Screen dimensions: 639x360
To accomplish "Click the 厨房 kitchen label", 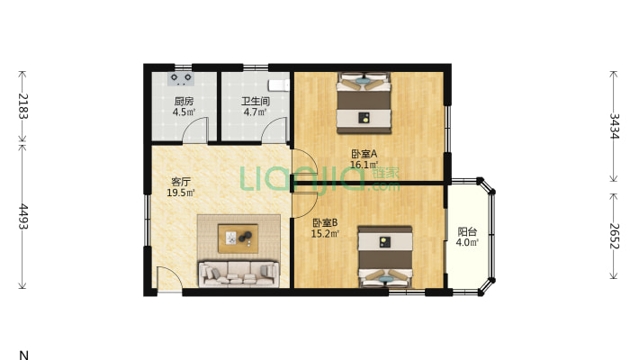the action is point(184,101).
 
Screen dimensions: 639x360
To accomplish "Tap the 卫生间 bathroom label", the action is point(255,101).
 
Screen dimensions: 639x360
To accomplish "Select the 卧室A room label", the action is point(364,154).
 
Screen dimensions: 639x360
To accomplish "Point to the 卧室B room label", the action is point(325,223).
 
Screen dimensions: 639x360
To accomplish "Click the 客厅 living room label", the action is point(181,182).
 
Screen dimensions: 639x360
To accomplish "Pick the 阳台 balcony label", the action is point(467,232).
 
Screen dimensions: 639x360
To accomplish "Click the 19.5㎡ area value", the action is point(181,193).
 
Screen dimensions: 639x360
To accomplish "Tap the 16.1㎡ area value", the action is point(364,165).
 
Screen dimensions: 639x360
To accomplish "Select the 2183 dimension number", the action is point(22,106).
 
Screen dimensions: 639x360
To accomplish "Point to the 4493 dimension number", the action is point(22,217).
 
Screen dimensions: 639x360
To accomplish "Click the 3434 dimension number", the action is point(614,126).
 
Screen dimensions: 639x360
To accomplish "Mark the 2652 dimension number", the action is point(614,236).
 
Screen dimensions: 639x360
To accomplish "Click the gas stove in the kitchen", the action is point(181,78).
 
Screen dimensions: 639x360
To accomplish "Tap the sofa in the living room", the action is point(238,274).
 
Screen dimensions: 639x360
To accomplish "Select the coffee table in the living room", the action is point(238,238).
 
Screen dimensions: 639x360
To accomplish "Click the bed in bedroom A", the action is point(364,103).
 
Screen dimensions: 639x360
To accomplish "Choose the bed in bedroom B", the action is point(385,256).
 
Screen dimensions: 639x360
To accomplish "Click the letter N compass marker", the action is point(23,355).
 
